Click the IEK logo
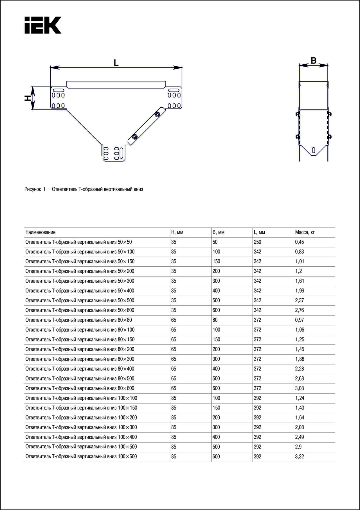coord(43,25)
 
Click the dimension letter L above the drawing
coord(116,63)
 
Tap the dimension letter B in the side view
coord(313,60)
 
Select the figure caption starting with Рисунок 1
coord(84,189)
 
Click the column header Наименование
coord(40,232)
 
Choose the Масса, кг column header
coord(305,232)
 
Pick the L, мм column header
coord(259,232)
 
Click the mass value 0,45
coord(300,242)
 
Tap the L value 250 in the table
coord(257,242)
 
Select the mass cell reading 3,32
coord(300,457)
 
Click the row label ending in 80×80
coord(79,320)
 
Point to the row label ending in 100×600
coord(81,457)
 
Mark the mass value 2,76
coord(300,310)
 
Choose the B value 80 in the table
coord(215,320)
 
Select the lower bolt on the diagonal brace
coord(135,137)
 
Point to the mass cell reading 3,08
coord(300,388)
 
